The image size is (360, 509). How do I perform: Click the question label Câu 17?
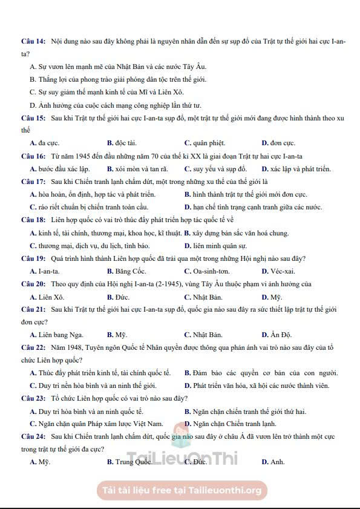pyautogui.click(x=33, y=182)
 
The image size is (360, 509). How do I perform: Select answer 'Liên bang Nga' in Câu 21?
pyautogui.click(x=60, y=335)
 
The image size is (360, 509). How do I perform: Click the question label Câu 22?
pyautogui.click(x=33, y=347)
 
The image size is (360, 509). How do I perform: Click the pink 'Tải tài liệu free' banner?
pyautogui.click(x=182, y=490)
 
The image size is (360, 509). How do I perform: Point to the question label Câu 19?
pyautogui.click(x=33, y=258)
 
